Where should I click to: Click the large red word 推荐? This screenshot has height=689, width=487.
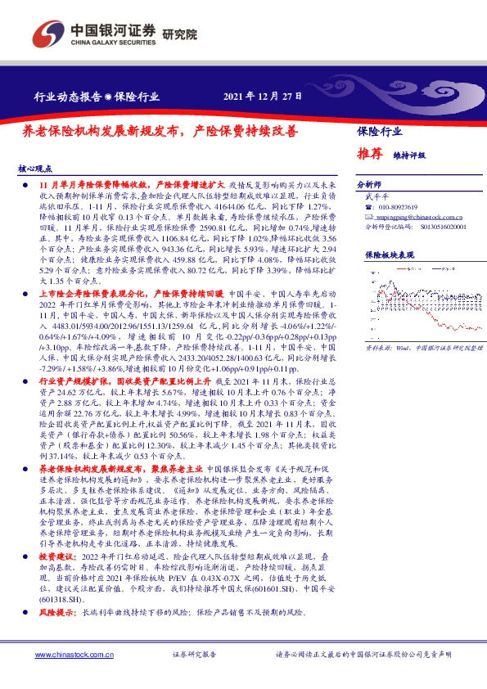point(370,153)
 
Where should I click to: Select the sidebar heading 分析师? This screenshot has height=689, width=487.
point(370,185)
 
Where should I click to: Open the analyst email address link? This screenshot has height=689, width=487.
point(408,218)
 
